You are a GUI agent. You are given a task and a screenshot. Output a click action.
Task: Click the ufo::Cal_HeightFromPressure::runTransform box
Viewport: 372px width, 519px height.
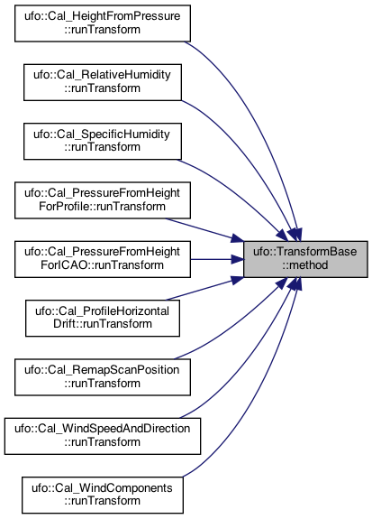click(103, 23)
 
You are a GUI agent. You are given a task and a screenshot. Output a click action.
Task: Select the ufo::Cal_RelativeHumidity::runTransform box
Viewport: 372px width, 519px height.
click(103, 82)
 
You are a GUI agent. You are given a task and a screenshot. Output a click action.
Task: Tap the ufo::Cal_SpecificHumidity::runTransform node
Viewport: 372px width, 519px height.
click(103, 142)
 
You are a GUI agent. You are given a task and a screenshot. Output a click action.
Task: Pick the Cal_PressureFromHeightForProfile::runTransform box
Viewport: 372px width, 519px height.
click(103, 200)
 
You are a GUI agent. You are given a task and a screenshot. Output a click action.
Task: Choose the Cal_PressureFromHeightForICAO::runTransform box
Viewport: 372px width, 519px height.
click(103, 259)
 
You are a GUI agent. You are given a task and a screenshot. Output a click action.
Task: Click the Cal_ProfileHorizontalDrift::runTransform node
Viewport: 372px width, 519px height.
click(103, 318)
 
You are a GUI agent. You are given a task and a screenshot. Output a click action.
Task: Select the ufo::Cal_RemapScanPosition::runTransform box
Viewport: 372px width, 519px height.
click(103, 377)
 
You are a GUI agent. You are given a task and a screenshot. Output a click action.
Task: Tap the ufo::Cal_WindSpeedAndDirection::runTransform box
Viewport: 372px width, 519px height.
click(103, 436)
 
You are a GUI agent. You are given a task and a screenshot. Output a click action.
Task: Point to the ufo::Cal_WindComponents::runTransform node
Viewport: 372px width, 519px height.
click(103, 496)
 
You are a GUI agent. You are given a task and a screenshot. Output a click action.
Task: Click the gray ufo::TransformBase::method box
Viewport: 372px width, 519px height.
click(305, 259)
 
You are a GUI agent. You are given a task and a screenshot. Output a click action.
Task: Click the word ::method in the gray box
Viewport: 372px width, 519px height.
click(305, 265)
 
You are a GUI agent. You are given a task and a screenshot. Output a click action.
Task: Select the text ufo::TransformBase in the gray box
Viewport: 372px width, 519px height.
click(305, 252)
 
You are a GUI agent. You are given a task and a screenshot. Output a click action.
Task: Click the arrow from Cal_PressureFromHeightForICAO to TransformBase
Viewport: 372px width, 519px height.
click(217, 259)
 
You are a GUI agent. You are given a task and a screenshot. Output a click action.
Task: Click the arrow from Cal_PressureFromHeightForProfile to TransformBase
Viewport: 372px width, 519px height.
click(204, 229)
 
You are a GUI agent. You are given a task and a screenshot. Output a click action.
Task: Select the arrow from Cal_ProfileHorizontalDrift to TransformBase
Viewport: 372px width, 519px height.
click(204, 289)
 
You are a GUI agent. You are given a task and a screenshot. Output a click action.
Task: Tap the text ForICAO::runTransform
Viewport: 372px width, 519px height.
click(103, 265)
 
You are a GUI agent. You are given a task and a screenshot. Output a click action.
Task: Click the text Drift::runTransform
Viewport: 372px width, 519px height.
click(103, 324)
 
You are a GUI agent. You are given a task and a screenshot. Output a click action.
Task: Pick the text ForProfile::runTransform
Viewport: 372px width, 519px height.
click(103, 207)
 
